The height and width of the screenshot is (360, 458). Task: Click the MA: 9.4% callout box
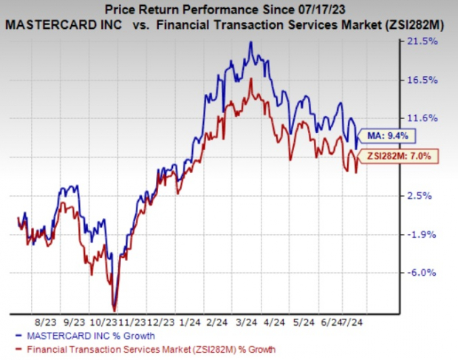tap(388, 135)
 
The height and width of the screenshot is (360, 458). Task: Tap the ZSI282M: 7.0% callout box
tap(398, 156)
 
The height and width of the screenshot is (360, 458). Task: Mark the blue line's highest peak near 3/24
tap(251, 42)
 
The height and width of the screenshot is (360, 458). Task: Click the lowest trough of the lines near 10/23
tap(115, 309)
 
